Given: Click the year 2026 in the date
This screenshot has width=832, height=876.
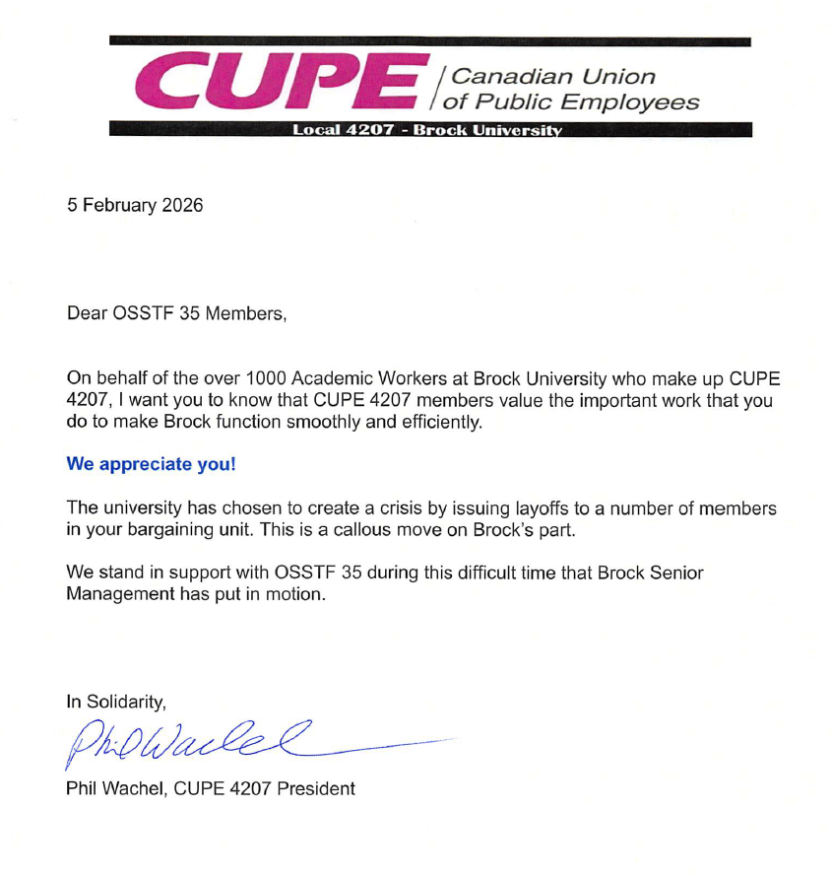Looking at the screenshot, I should click(x=181, y=206).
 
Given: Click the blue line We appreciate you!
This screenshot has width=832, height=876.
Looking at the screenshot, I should click(x=151, y=464).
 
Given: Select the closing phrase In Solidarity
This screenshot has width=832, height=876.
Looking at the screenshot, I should click(x=116, y=702).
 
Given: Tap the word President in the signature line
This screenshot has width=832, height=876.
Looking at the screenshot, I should click(x=317, y=788).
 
